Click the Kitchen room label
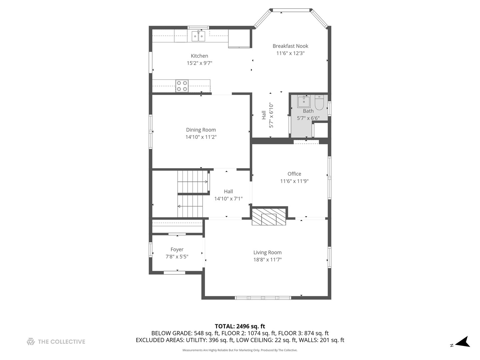coord(199,56)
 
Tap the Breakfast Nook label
coord(290,46)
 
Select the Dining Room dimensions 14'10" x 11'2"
coord(201,137)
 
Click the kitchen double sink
coord(198,36)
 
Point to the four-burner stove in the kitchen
coord(182,86)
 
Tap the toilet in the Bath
coord(319,102)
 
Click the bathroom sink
coord(304,101)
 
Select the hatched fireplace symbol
coord(269,217)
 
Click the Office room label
coord(294,174)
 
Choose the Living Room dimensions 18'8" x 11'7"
coord(267,260)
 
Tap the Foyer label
coord(177,250)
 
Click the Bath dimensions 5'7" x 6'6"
coord(308,118)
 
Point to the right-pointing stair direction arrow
coord(192,182)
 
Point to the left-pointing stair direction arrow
coord(190,206)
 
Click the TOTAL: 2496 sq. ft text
coord(240,326)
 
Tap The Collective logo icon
coord(31,342)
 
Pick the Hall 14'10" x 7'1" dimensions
coord(228,199)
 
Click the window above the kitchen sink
coord(198,28)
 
